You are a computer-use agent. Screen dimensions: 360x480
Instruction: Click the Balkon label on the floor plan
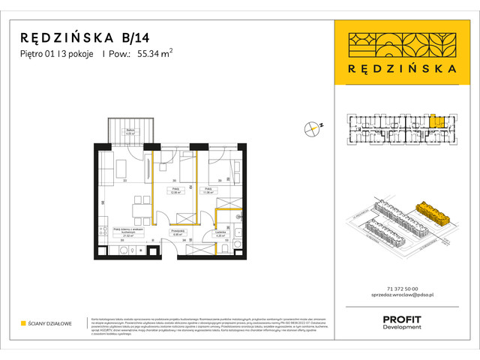click(x=130, y=132)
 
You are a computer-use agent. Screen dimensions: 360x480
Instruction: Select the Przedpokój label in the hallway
click(x=178, y=233)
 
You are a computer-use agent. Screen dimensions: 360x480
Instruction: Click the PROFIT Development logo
click(x=403, y=322)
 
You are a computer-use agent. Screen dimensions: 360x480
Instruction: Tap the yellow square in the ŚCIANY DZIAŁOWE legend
click(x=23, y=323)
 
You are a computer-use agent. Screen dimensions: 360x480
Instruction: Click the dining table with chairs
click(x=136, y=205)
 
